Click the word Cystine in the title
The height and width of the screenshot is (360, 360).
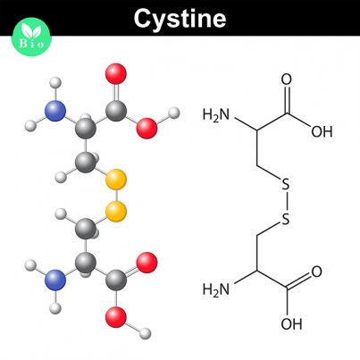tap(180, 19)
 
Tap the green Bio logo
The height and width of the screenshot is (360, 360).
tap(31, 37)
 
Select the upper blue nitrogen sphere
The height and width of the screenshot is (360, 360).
tap(55, 111)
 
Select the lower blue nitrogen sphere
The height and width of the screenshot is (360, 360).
tap(55, 280)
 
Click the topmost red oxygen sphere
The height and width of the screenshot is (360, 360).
tap(116, 73)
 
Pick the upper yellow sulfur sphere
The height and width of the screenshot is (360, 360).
tap(116, 180)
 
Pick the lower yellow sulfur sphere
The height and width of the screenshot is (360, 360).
tap(116, 212)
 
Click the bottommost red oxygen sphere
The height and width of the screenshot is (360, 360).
tap(116, 317)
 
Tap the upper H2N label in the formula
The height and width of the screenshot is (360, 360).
tap(216, 115)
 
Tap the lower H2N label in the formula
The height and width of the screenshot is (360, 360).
tap(216, 289)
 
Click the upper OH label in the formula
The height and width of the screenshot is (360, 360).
tap(322, 131)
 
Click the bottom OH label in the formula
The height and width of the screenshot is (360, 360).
tap(291, 323)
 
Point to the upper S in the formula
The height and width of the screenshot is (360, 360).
tap(286, 184)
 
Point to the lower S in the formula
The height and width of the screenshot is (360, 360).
tap(286, 219)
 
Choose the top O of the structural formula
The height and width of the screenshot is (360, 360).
tap(287, 80)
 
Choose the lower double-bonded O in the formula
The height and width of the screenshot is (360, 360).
tap(316, 272)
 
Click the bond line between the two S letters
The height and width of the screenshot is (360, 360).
tap(286, 202)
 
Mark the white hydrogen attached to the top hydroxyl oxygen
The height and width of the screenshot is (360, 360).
tap(174, 113)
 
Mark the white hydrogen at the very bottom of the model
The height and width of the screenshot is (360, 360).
tap(146, 333)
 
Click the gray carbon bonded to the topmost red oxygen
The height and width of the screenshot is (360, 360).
tap(116, 111)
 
